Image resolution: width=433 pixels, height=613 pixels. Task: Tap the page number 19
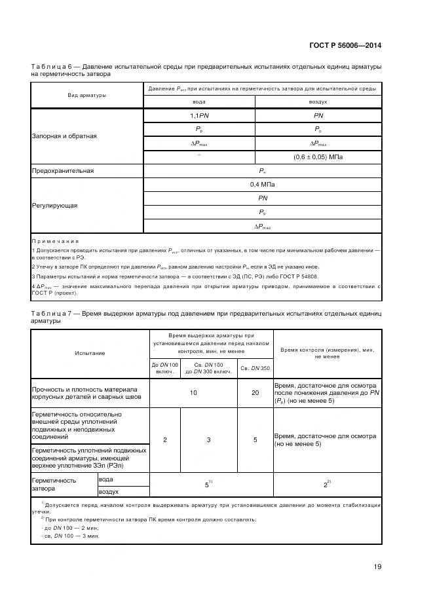coord(377,567)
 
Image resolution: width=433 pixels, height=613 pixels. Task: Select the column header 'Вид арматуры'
coord(87,95)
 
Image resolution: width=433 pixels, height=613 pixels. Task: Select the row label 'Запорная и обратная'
coord(64,136)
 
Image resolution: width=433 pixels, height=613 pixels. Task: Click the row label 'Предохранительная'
coord(63,171)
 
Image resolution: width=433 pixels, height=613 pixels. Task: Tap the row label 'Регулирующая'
coord(54,205)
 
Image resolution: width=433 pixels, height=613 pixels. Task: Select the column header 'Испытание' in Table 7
coord(90,353)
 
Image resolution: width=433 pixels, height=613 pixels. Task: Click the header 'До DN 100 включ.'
coord(164,367)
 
